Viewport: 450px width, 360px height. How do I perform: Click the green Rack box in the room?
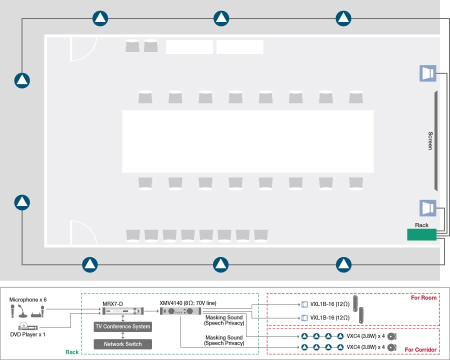421,234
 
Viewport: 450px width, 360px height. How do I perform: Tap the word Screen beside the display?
430,140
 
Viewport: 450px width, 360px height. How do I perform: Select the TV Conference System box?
123,326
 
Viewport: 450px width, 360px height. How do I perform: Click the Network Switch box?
123,344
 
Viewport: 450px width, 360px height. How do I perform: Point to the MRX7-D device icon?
123,311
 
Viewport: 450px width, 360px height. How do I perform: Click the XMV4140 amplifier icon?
180,311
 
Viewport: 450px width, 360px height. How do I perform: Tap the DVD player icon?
28,326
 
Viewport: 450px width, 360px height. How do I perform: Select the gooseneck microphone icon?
22,311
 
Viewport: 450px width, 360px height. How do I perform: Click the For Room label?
423,297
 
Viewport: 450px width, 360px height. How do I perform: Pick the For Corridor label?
420,349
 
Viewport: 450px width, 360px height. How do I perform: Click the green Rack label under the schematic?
71,352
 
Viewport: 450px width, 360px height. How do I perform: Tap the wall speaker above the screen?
428,73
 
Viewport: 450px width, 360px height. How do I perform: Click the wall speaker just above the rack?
428,208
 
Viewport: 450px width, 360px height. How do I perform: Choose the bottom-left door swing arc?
90,228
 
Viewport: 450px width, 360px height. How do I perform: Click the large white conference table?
248,141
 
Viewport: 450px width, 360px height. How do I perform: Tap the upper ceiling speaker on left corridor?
22,80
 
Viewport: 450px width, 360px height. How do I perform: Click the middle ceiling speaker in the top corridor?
221,18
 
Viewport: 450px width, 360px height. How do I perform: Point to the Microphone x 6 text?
28,299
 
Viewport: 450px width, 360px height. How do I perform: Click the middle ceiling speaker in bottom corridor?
220,264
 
